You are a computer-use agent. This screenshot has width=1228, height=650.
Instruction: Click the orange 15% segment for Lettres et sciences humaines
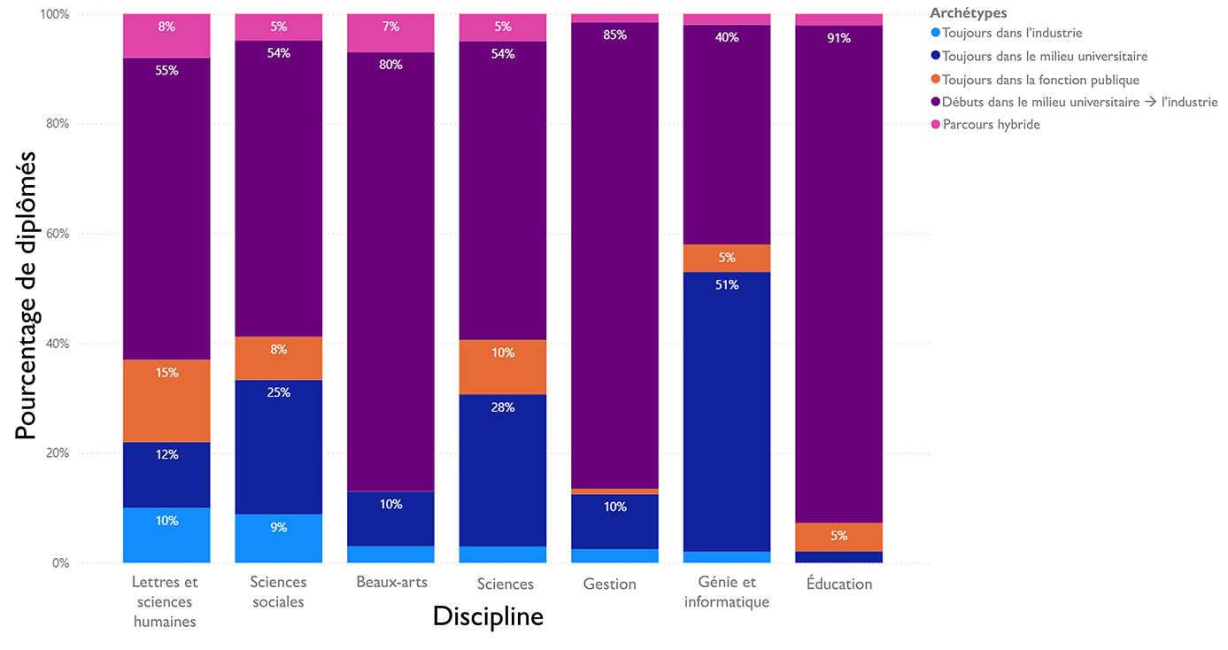(166, 400)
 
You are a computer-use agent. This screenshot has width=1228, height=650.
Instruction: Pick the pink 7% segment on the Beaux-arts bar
(390, 33)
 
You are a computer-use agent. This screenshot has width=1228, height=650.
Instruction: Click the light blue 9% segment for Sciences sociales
(278, 538)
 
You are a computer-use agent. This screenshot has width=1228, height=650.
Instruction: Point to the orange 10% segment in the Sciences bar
(502, 367)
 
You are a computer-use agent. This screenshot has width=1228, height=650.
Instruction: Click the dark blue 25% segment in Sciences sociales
(278, 446)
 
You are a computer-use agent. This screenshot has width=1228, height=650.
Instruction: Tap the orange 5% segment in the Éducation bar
(838, 537)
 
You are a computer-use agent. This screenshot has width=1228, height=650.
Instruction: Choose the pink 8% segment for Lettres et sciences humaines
(166, 35)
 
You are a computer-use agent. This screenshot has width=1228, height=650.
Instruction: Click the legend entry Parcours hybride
(991, 125)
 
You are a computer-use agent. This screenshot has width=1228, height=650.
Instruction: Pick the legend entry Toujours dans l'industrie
(1012, 34)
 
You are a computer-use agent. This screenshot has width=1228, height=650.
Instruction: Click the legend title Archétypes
(968, 13)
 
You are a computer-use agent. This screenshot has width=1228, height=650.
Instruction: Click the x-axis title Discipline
(488, 616)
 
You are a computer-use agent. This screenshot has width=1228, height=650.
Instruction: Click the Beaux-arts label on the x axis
(391, 583)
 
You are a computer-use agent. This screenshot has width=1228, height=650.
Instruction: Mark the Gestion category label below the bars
(609, 584)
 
